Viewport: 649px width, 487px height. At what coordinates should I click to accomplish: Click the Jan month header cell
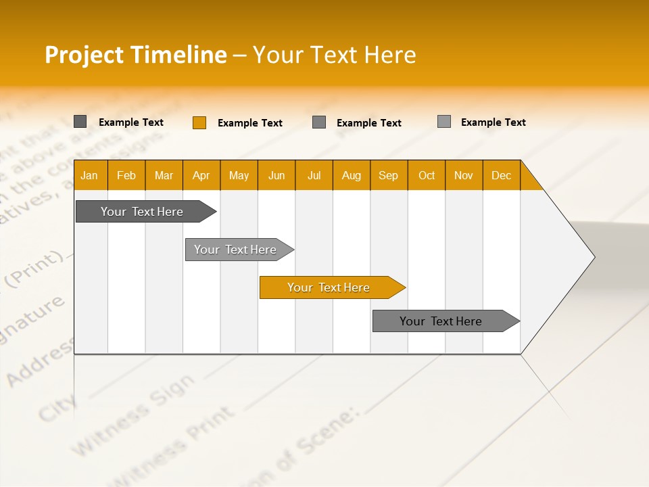coord(90,175)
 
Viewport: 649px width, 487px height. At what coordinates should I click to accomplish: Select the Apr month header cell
coord(201,175)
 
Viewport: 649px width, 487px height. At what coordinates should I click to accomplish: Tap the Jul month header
coord(314,175)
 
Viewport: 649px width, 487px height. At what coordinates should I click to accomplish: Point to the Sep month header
coord(388,175)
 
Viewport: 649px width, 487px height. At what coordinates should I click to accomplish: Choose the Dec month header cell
coord(501,175)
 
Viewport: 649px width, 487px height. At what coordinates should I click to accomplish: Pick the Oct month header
coord(426,175)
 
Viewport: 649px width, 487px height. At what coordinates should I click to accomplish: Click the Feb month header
coord(126,175)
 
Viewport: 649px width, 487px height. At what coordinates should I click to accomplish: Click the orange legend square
coord(199,122)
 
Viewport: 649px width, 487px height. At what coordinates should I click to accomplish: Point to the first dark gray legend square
coord(80,122)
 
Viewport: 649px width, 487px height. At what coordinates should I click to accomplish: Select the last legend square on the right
coord(443,122)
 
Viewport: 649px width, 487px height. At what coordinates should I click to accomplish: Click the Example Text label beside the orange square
coord(249,123)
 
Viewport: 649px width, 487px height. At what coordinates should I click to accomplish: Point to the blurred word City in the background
coord(57,404)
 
